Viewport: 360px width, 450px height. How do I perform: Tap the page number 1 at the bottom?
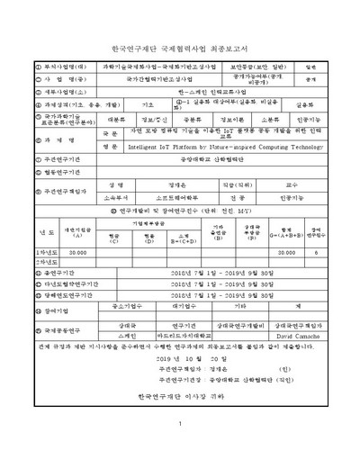coord(180,425)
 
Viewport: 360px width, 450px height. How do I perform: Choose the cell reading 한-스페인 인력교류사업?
coord(180,91)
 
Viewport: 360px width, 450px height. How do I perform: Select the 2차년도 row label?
coord(22,263)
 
